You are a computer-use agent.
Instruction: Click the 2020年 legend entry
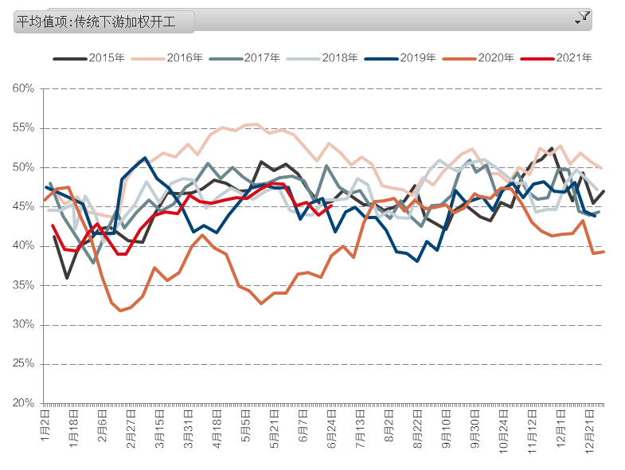click(496, 57)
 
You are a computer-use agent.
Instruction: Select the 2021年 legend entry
click(573, 57)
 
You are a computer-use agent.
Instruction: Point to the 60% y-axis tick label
click(24, 88)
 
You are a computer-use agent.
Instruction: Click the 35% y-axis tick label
click(24, 285)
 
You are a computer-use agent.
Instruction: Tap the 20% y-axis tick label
click(24, 403)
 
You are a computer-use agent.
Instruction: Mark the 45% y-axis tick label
click(24, 206)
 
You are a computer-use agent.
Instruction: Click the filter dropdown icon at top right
click(583, 16)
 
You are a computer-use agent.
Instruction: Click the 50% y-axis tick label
click(24, 167)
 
